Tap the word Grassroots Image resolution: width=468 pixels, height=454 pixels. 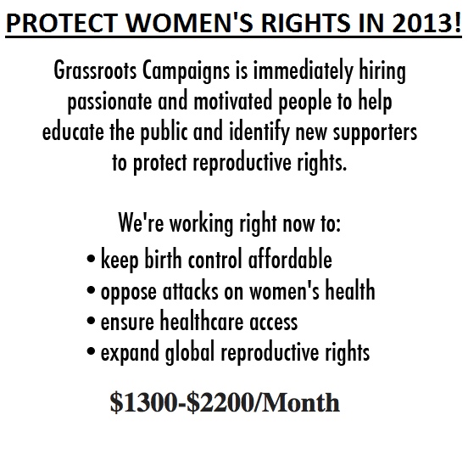click(95, 70)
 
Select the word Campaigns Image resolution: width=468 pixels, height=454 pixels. click(186, 71)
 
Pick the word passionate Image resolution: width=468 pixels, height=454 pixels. click(109, 102)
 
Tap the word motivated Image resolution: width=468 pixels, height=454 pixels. click(233, 101)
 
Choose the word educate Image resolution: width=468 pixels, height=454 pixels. click(73, 132)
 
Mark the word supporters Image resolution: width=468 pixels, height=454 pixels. click(376, 133)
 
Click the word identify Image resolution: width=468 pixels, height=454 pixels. click(259, 132)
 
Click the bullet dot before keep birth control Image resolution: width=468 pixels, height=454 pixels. click(91, 258)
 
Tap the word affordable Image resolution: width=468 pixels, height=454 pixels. click(290, 259)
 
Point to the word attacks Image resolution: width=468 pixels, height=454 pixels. click(191, 290)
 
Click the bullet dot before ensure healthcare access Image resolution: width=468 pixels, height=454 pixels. click(91, 321)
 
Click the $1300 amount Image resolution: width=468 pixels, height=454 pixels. click(144, 402)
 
